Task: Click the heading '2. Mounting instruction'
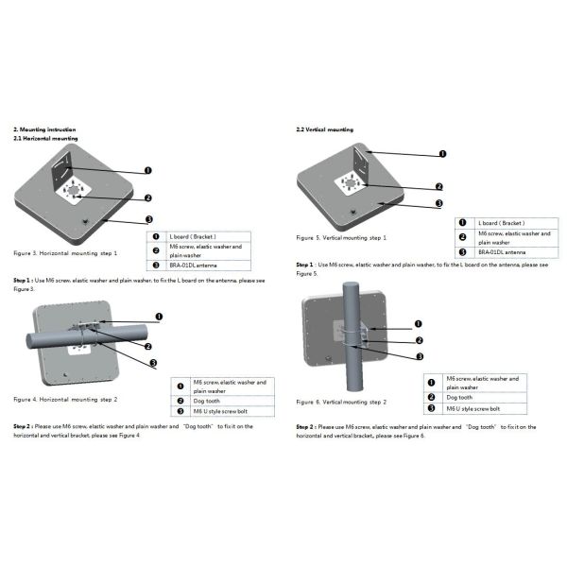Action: click(44, 129)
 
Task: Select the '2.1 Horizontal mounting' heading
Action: click(45, 138)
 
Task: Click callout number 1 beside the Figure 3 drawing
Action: click(148, 170)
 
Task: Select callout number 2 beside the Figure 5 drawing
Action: click(439, 186)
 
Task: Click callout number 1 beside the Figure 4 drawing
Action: click(158, 318)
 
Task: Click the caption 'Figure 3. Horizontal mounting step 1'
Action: click(65, 254)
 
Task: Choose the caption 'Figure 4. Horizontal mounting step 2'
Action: click(65, 400)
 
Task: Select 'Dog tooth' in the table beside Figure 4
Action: click(207, 400)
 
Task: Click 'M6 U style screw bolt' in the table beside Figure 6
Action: click(473, 408)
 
